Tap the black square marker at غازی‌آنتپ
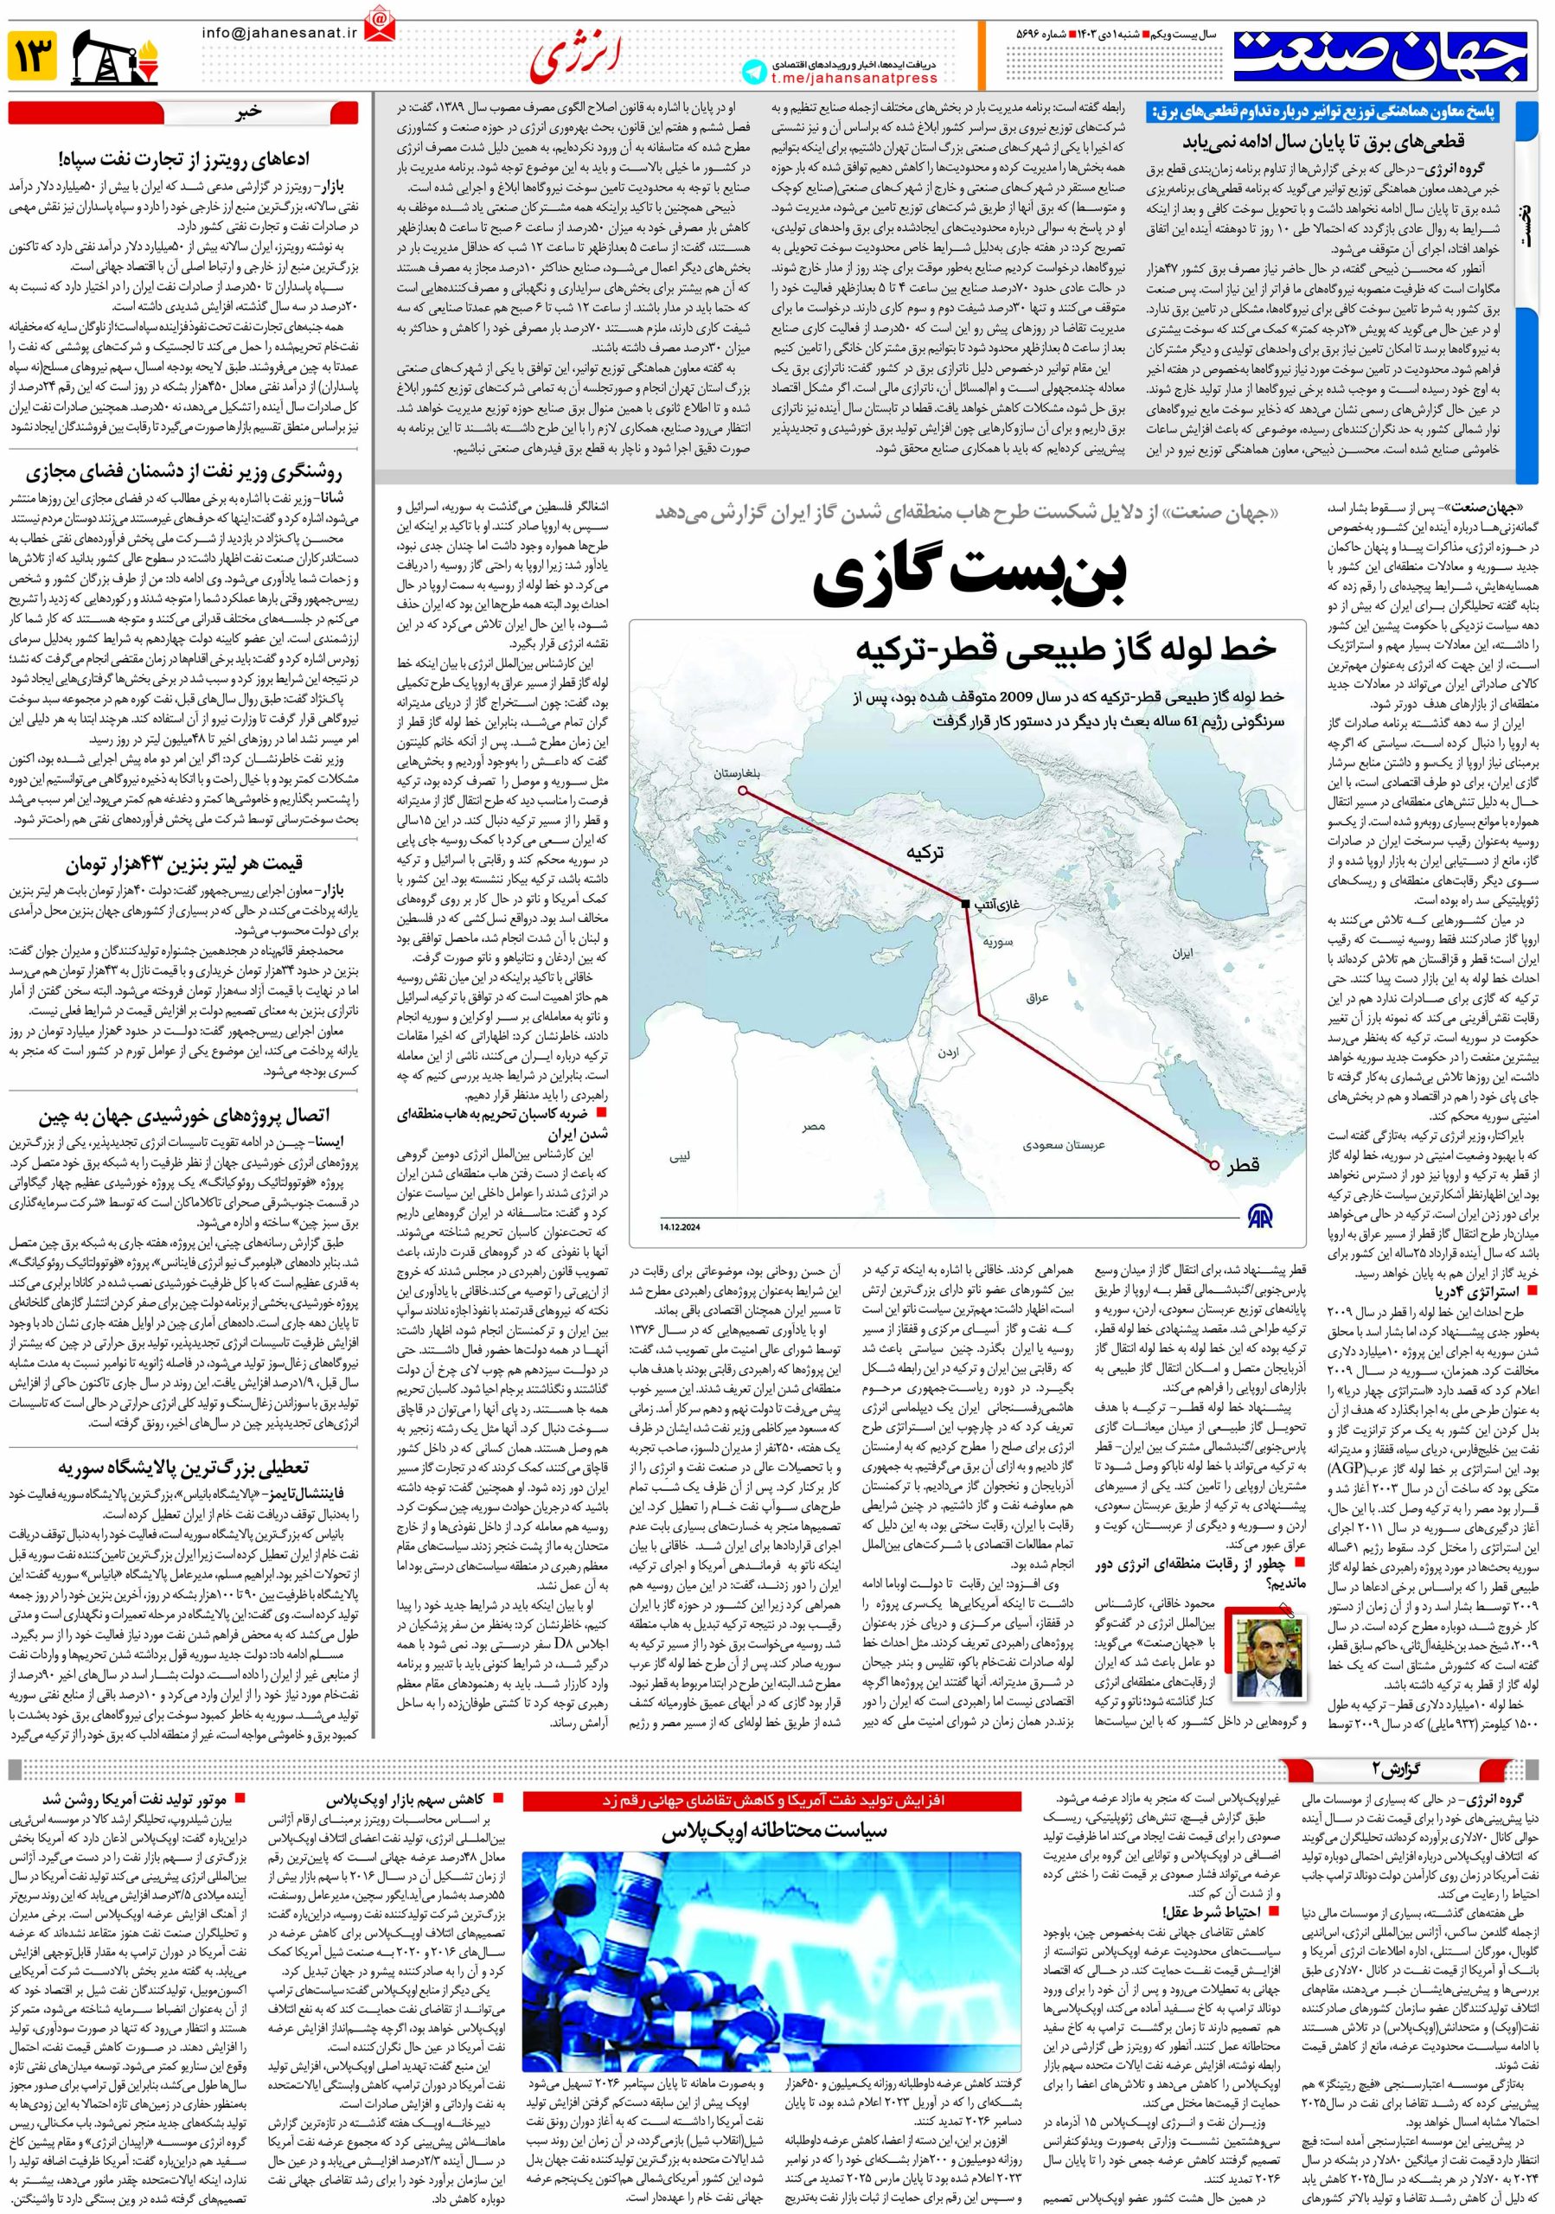coord(965,904)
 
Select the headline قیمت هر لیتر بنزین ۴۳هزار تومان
coord(183,863)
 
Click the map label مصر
coord(813,1125)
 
